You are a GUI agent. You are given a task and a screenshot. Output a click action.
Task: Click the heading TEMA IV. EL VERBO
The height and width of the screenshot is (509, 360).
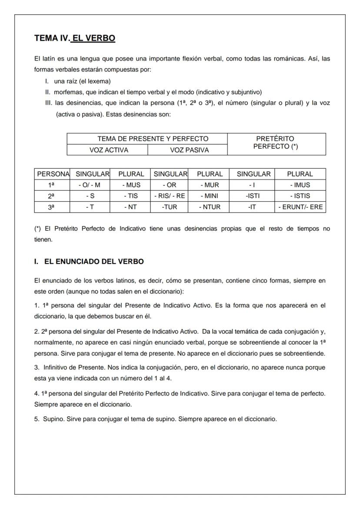pos(75,38)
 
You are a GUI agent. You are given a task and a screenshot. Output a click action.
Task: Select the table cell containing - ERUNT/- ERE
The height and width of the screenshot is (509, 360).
pos(300,207)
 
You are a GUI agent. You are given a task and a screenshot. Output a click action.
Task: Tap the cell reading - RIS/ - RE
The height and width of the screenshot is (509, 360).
pos(170,196)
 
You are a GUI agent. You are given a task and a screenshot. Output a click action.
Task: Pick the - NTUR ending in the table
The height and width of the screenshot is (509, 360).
pos(210,207)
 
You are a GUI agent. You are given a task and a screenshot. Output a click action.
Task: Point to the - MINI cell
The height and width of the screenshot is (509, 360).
pos(210,196)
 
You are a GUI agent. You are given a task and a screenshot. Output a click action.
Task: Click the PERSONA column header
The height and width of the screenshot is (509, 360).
pos(52,174)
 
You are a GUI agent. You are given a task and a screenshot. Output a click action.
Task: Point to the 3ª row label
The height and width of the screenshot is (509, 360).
pos(52,207)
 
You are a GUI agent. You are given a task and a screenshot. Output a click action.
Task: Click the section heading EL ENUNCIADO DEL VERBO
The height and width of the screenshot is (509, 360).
pos(93,262)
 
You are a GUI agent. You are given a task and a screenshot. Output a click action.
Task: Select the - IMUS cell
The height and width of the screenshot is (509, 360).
pos(300,185)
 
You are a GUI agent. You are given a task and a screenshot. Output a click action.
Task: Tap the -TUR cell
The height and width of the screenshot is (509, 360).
pos(170,207)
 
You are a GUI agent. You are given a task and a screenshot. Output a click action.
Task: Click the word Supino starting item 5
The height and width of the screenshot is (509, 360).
pos(51,419)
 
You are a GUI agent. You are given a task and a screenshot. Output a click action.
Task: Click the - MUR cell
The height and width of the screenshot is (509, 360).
pos(210,185)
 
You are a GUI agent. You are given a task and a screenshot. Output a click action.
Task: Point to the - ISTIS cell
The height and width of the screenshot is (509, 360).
pos(300,196)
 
